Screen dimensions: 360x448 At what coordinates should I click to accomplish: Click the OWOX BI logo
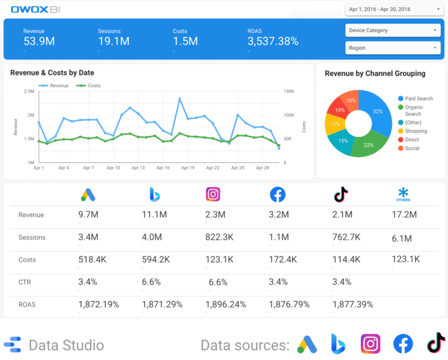pos(35,9)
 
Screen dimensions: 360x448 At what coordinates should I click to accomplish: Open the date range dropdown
pos(393,9)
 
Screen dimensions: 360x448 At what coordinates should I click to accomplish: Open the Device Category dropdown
pos(393,30)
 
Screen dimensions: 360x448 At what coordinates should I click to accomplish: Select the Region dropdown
pos(393,48)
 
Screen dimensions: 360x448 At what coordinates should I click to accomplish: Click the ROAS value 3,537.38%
pos(273,42)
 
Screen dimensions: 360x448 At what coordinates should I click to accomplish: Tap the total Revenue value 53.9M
pos(39,42)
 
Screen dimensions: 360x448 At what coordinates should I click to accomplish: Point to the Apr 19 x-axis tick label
pos(188,168)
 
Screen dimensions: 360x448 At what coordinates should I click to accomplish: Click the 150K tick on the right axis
pos(288,91)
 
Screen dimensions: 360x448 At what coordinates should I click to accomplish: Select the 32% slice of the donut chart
pos(377,112)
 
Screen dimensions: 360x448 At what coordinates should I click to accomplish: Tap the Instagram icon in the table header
pos(213,194)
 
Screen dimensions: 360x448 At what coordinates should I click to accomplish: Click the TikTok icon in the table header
pos(341,195)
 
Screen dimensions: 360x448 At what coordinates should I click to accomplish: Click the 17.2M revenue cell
pos(404,214)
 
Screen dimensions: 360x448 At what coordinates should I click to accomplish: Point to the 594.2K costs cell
pos(155,259)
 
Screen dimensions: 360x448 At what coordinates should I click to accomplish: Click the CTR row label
pos(25,282)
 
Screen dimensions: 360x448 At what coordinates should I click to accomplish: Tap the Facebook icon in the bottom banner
pos(403,344)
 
